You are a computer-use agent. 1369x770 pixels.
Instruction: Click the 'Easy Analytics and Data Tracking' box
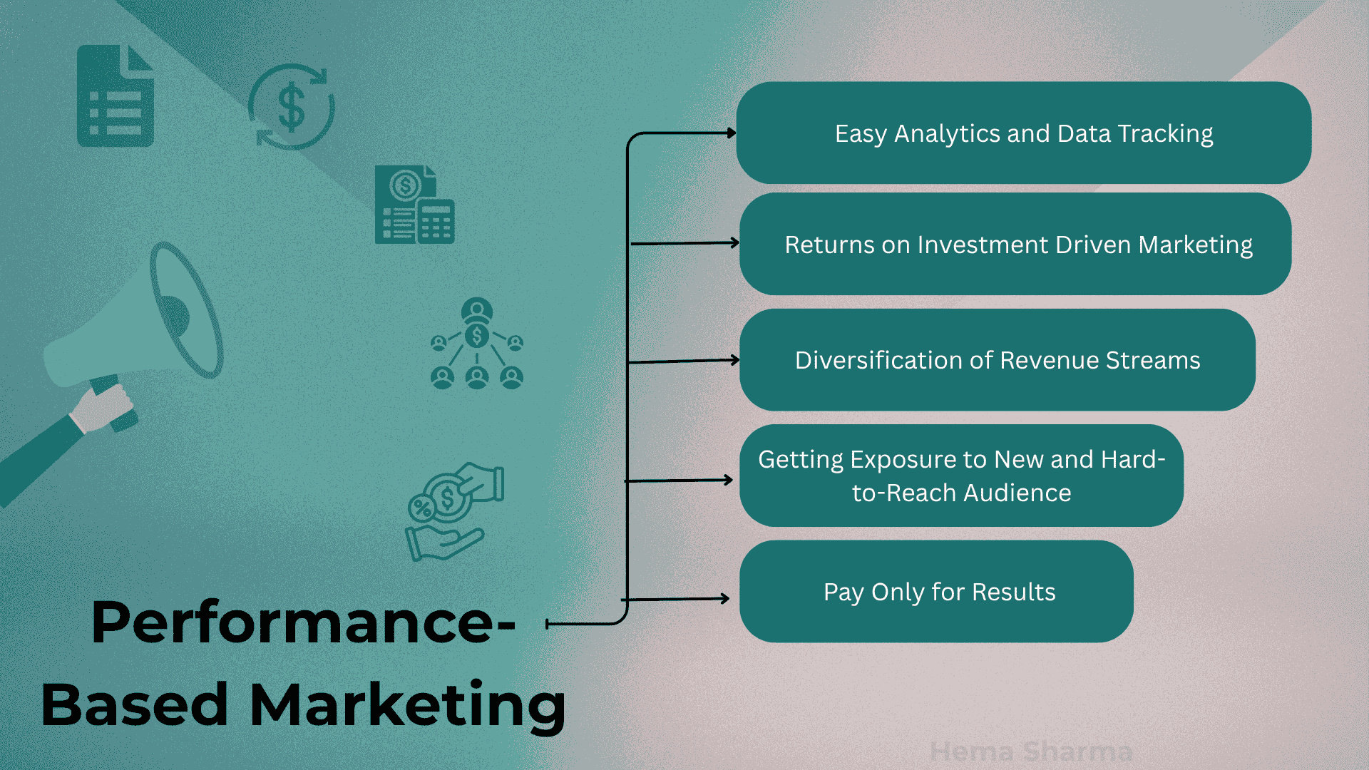pos(1023,133)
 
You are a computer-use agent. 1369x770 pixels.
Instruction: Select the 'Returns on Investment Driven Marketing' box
pos(1015,244)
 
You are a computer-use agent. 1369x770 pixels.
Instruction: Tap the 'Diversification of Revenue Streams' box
pos(998,360)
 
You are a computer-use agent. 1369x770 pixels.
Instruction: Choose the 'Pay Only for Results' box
pos(936,591)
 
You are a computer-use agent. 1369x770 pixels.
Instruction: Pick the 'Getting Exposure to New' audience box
pos(961,476)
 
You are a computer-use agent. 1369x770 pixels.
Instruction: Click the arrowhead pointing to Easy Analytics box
pos(732,133)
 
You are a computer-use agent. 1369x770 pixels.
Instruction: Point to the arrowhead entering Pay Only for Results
pos(724,598)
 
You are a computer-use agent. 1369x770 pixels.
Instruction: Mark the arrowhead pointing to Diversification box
pos(735,360)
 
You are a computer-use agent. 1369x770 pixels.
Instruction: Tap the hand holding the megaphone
pos(103,408)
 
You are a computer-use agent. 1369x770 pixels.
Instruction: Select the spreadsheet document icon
pos(116,96)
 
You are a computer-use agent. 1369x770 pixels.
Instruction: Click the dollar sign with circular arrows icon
pos(292,107)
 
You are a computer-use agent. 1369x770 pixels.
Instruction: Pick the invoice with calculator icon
pos(415,205)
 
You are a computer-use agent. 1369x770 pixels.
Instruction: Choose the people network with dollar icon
pos(477,344)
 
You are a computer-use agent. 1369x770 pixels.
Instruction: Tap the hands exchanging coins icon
pos(454,511)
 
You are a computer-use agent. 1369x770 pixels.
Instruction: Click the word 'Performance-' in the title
pos(303,622)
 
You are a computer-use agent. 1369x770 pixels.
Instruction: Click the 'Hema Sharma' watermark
pos(1031,751)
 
